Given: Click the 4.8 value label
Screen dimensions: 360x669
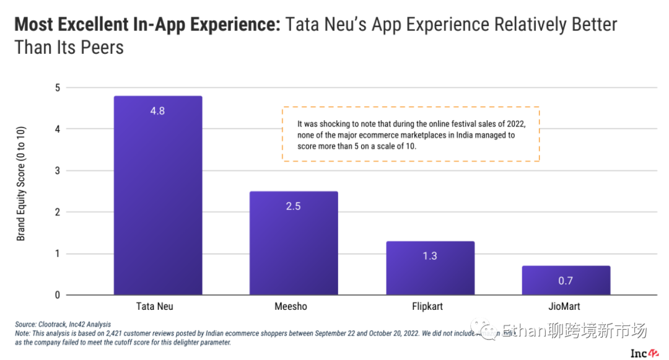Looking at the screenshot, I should pyautogui.click(x=158, y=112).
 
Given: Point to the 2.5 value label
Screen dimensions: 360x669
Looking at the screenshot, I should pyautogui.click(x=294, y=206).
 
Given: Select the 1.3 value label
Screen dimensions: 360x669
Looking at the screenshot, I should pyautogui.click(x=430, y=256).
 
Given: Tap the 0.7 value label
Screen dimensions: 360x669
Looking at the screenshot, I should pyautogui.click(x=566, y=281).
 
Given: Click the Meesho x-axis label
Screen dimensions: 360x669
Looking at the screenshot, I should pyautogui.click(x=291, y=307).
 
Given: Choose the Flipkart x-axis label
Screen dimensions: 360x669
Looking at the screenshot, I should pyautogui.click(x=427, y=307).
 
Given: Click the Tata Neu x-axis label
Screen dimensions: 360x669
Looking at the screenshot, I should pyautogui.click(x=155, y=307).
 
